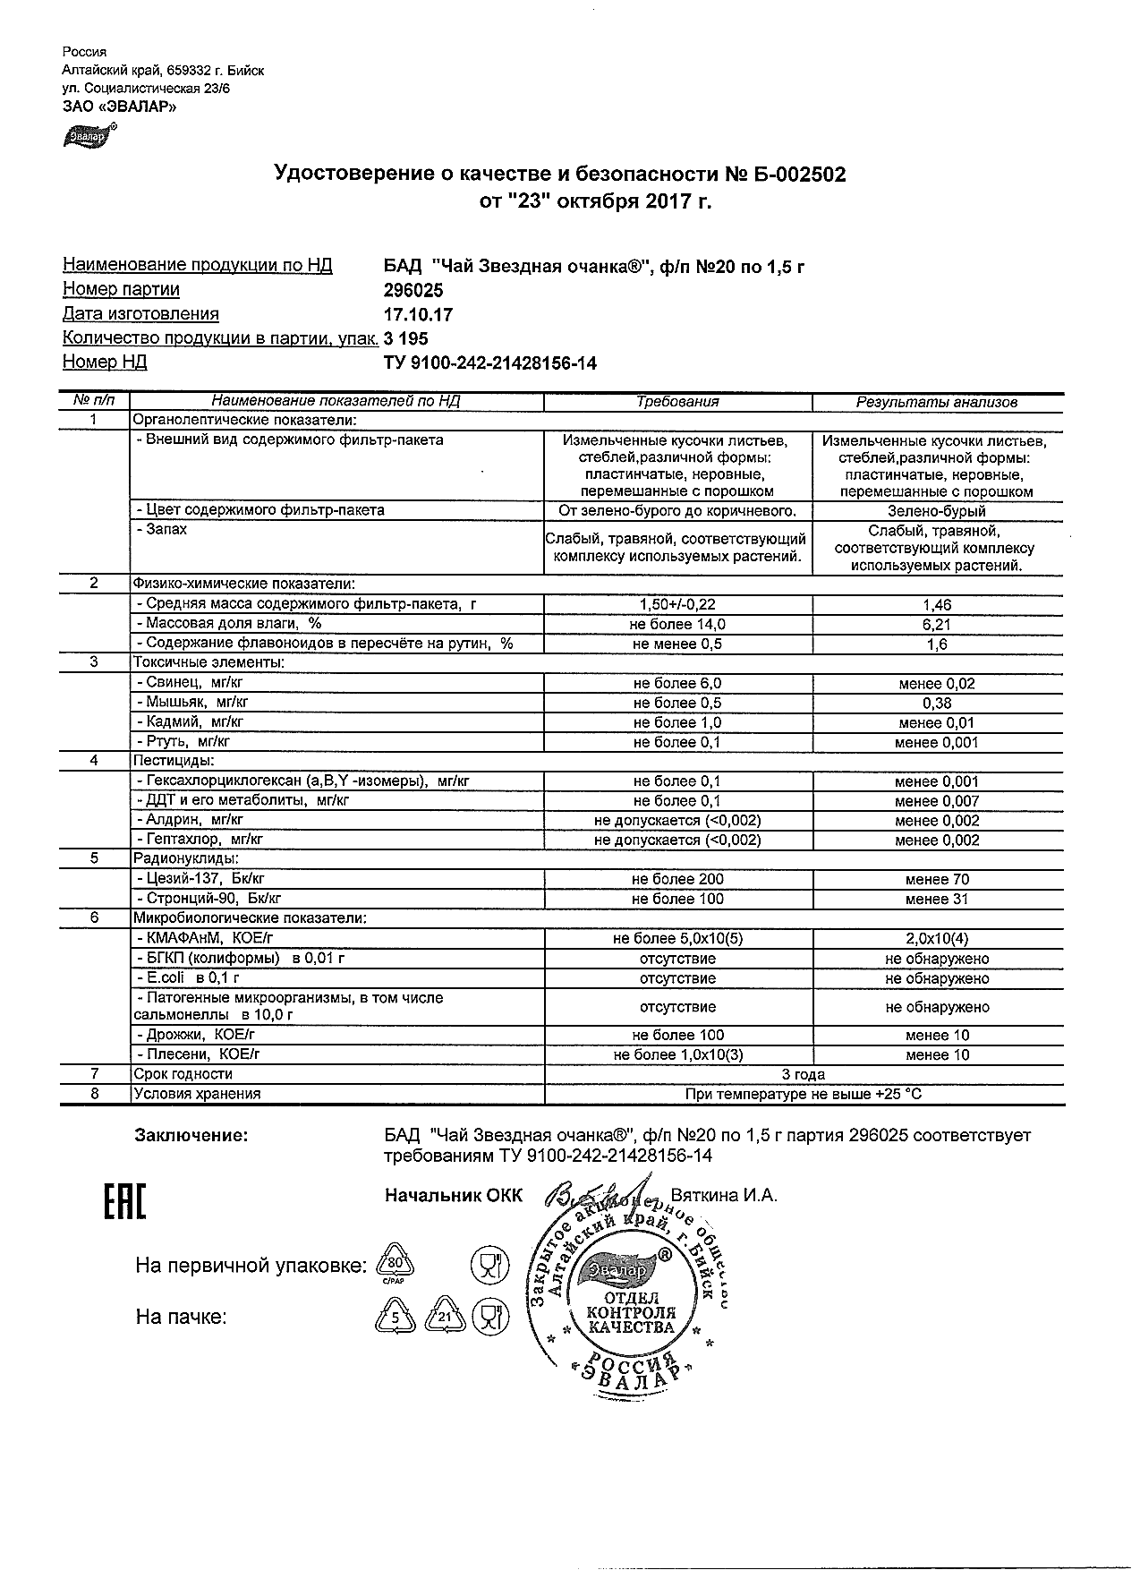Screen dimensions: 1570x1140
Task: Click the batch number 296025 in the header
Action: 413,290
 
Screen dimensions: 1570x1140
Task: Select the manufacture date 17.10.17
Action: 418,314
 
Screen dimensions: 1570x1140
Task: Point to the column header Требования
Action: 677,402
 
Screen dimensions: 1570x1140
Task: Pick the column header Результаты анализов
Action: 937,402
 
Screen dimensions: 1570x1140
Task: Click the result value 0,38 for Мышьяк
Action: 937,704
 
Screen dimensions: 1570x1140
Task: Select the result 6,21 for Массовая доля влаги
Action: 937,625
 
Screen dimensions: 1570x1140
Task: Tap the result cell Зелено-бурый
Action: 937,511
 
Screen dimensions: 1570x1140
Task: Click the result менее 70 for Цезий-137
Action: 937,880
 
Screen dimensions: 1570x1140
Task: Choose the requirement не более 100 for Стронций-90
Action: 677,900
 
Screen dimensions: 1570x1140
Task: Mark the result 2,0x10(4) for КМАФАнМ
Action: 937,939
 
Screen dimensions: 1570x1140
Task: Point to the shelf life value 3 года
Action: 804,1074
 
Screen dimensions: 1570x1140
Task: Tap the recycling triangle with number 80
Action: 396,1264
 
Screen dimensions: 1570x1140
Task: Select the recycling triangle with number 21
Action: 445,1316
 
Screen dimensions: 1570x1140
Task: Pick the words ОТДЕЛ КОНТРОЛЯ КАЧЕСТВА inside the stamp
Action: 632,1312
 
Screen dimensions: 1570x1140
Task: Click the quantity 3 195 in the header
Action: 405,338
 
